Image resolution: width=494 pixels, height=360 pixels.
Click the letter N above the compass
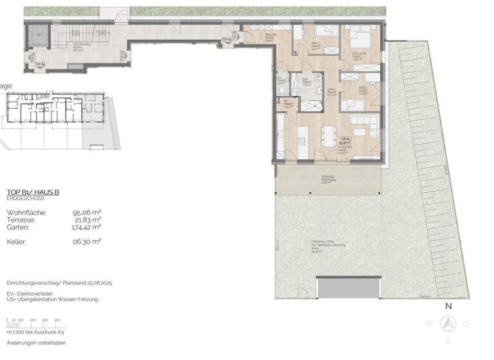pyautogui.click(x=449, y=307)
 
